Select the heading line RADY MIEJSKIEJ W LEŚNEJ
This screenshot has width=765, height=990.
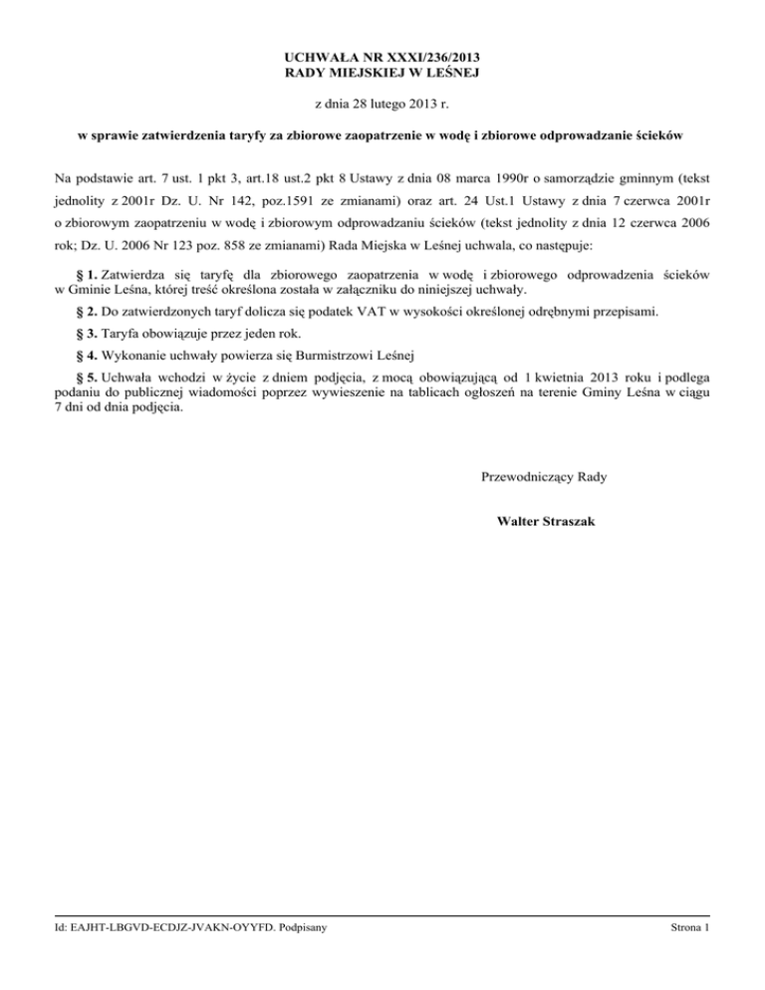(382, 75)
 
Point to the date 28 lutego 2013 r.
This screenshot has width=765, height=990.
(382, 103)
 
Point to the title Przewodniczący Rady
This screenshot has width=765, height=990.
(544, 477)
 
